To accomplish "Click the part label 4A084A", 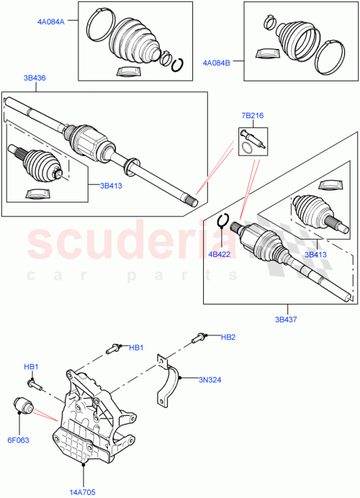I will pos(51,22).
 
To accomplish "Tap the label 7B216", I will pos(251,114).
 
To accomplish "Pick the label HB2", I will pos(228,337).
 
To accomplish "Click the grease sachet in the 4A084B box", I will pos(266,55).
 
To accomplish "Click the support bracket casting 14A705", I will pos(90,425).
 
